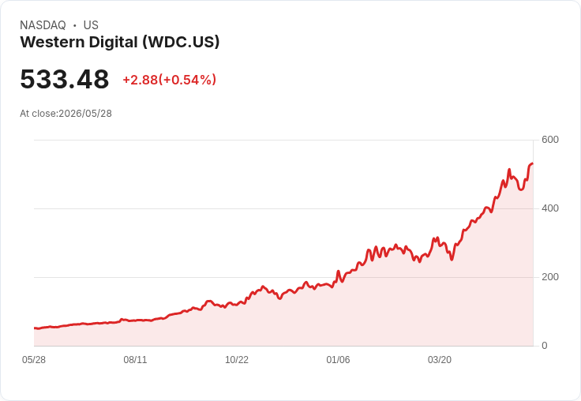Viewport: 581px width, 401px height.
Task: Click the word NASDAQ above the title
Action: coord(43,25)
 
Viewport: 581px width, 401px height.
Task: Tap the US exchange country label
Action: coord(91,25)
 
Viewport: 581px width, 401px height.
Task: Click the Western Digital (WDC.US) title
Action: coord(120,42)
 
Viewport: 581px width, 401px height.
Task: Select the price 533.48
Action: coord(65,79)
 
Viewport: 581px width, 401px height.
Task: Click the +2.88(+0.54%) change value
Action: coord(170,80)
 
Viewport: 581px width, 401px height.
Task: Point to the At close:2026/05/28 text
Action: coord(66,114)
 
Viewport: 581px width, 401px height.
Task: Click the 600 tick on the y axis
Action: coord(550,140)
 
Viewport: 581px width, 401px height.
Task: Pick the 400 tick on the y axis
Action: coord(550,208)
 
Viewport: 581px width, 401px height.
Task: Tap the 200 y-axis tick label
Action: coord(550,277)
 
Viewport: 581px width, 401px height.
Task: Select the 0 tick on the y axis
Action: coord(545,346)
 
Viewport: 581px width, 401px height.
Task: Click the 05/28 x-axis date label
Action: coord(34,360)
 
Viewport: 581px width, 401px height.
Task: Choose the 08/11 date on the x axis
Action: coord(135,360)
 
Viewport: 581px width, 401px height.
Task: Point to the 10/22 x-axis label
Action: coord(237,360)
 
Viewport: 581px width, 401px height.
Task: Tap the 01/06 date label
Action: coord(338,360)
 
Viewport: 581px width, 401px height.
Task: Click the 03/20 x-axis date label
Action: coord(440,360)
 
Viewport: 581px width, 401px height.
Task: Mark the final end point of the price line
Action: coord(533,163)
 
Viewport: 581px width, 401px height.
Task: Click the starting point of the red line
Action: coord(35,328)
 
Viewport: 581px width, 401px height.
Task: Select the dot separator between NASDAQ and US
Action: coord(75,25)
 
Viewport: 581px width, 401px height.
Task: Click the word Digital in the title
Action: coord(114,42)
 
